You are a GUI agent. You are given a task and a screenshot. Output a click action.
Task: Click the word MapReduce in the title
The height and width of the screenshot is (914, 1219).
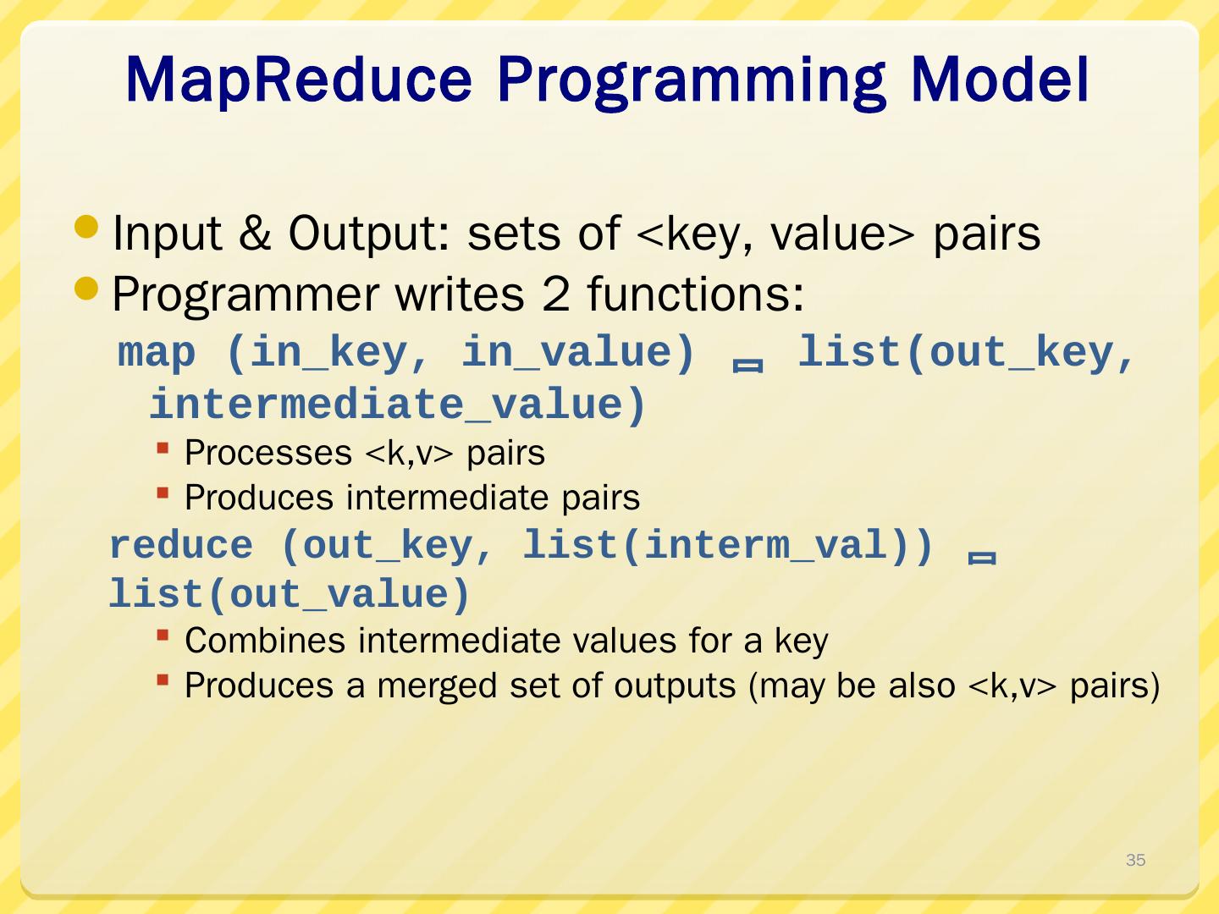click(x=299, y=81)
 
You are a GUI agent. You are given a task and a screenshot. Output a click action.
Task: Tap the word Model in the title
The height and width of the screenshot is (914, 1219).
click(x=1000, y=80)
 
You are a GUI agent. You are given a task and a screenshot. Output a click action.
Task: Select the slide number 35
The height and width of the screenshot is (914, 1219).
click(x=1136, y=860)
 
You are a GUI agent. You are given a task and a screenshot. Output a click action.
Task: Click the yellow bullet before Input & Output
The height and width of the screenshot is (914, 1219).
click(x=86, y=227)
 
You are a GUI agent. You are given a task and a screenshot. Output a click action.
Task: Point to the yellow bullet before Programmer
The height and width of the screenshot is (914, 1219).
click(x=86, y=288)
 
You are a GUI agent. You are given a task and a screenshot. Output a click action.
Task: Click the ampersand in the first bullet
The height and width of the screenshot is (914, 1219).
click(x=255, y=233)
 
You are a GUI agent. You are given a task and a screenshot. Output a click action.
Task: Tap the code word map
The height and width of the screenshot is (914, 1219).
click(x=157, y=354)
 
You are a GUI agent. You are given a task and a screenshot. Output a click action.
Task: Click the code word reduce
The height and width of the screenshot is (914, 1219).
click(x=181, y=545)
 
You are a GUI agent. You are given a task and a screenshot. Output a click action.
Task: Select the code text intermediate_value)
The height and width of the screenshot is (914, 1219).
click(x=398, y=405)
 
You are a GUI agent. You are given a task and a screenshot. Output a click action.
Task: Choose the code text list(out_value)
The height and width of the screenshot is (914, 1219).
click(x=290, y=594)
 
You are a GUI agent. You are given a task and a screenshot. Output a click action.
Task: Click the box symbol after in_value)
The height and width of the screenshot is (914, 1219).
click(x=747, y=365)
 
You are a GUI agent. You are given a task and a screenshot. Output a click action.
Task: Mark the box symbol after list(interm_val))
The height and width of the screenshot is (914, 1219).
click(x=982, y=558)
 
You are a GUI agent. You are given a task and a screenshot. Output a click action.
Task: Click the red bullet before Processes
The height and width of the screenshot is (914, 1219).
click(x=163, y=448)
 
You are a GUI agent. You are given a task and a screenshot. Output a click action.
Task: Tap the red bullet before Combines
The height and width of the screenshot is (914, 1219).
click(x=163, y=636)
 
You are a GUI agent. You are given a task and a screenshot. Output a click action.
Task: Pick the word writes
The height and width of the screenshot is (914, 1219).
click(x=460, y=295)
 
